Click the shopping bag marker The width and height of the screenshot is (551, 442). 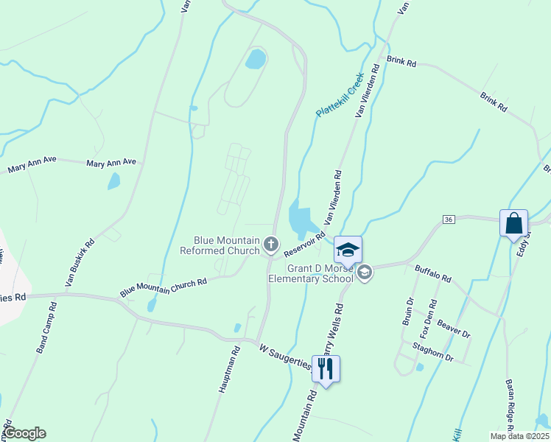coord(513,222)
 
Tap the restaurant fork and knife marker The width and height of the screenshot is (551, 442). coord(326,368)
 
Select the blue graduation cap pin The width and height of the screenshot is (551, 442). coord(348,249)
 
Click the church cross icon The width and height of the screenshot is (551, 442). coord(271,245)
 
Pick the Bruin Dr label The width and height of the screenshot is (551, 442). coord(407,312)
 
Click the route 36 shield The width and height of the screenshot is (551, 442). coord(448,220)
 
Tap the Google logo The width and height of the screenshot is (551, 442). coord(25,433)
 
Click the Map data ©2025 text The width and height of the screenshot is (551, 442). coord(519,436)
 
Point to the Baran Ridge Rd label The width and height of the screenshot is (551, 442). coord(509,405)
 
